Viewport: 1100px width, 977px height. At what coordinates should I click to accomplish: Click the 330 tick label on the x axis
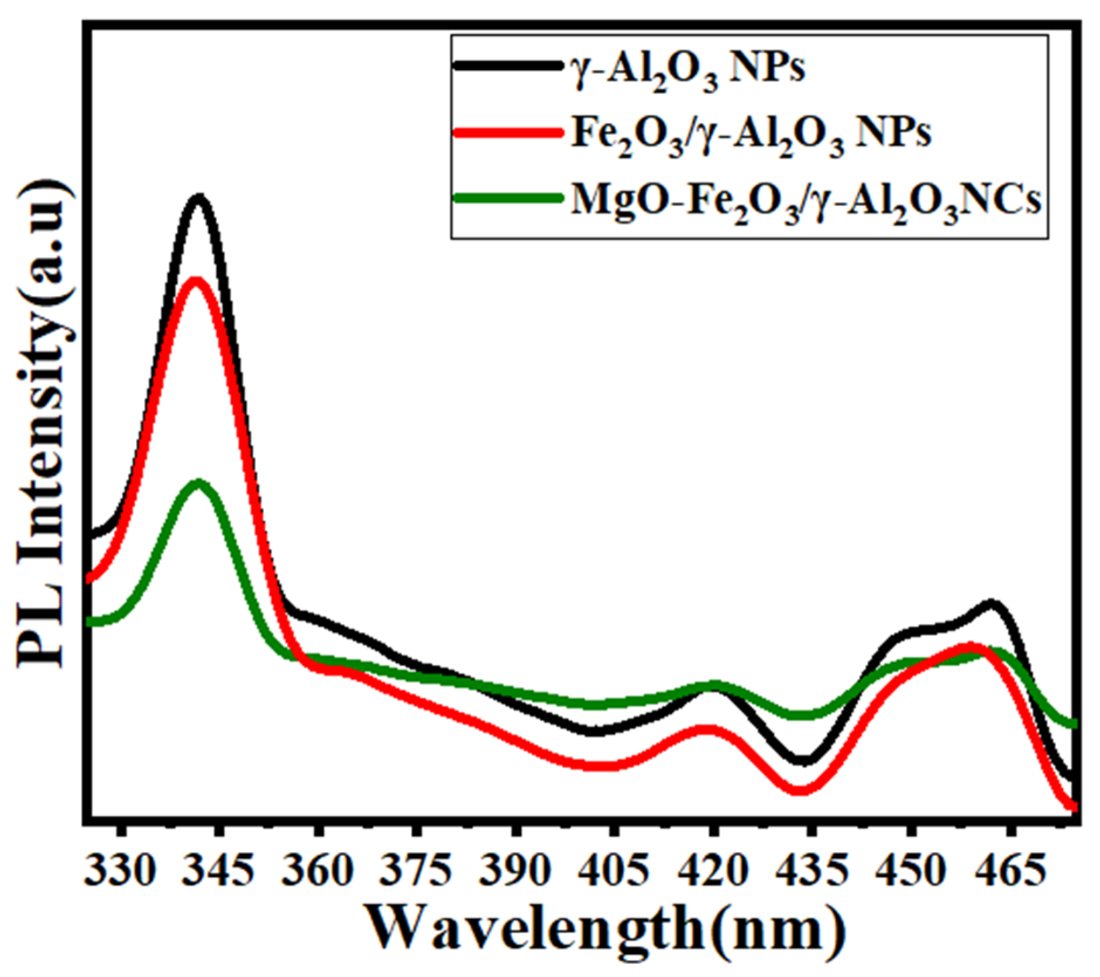coord(121,871)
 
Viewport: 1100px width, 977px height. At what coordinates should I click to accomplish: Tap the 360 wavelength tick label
coord(318,871)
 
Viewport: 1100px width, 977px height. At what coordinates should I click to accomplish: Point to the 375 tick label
coord(416,871)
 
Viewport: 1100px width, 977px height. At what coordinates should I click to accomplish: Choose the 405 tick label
coord(613,871)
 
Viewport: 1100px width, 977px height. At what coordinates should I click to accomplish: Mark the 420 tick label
coord(712,871)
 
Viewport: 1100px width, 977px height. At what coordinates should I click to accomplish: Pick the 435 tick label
coord(810,871)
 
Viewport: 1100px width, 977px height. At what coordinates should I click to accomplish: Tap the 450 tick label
coord(909,871)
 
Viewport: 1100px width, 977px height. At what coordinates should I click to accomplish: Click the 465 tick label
coord(1008,871)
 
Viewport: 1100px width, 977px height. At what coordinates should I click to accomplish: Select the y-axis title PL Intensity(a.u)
coord(44,427)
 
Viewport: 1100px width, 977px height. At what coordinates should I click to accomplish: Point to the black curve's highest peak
coord(199,199)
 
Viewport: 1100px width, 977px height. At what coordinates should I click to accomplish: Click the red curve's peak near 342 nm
coord(195,281)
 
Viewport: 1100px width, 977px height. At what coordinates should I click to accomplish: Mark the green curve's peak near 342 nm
coord(199,484)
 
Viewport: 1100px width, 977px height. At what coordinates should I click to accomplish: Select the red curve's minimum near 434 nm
coord(799,790)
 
